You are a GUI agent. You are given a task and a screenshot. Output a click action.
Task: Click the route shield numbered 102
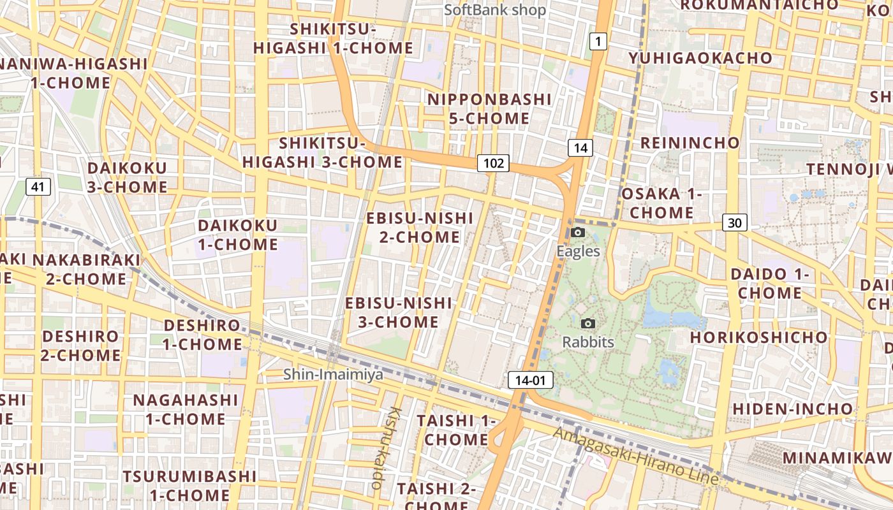(x=494, y=163)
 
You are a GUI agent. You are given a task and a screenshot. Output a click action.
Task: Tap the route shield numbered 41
(x=38, y=187)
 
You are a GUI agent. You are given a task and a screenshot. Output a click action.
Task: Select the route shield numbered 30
(x=735, y=222)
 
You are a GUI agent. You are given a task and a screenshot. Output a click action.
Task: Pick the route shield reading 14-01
(x=530, y=381)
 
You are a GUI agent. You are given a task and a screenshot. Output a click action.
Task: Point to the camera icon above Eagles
(x=578, y=233)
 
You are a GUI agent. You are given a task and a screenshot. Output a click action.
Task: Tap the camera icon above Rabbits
(x=588, y=324)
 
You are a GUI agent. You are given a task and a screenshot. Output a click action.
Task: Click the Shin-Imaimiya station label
(x=334, y=374)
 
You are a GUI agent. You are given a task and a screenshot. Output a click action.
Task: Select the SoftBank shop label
(x=495, y=10)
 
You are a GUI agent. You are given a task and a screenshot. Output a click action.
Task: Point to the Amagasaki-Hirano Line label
(x=636, y=455)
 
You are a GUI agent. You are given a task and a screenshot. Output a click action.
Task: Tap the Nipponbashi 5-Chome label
(x=489, y=109)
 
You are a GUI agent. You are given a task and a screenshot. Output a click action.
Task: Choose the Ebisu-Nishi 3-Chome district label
(x=399, y=312)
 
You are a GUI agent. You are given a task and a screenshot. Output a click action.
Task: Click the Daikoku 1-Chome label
(x=238, y=235)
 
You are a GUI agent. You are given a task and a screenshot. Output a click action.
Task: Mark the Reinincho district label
(x=690, y=142)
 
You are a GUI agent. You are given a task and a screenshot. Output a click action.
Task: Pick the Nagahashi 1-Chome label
(x=186, y=409)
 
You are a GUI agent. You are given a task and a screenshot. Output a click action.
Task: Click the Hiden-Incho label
(x=792, y=408)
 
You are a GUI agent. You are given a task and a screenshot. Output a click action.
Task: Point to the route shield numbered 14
(x=580, y=149)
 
